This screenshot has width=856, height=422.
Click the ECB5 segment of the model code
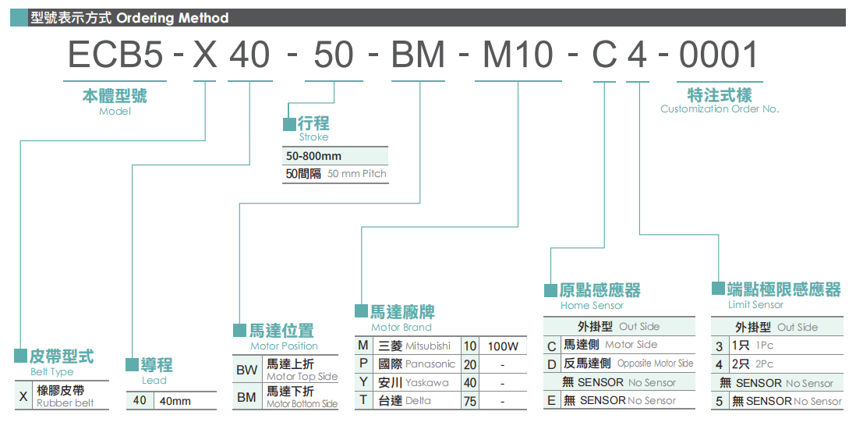[x=115, y=54]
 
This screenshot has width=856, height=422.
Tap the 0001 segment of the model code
[x=719, y=54]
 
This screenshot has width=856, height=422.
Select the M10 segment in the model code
[x=518, y=54]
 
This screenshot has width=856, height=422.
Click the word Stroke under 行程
[x=313, y=137]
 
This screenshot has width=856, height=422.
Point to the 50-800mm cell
[x=313, y=156]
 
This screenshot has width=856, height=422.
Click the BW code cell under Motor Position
[x=247, y=371]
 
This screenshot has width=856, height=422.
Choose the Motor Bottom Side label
[x=302, y=404]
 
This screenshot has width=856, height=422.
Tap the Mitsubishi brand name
[x=428, y=346]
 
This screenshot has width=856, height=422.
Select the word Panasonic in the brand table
[x=430, y=364]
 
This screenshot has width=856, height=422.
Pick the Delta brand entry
[x=418, y=401]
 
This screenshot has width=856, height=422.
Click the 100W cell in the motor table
[x=503, y=346]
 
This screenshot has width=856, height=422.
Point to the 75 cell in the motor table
[x=469, y=401]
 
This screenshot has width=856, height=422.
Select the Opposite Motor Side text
[x=655, y=363]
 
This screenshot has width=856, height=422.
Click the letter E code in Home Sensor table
[x=551, y=401]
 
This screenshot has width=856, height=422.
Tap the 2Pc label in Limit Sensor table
[x=764, y=363]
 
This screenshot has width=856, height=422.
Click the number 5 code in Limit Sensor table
[x=719, y=401]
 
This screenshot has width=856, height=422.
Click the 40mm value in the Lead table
[x=175, y=401]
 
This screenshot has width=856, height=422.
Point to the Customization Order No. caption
[x=720, y=108]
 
